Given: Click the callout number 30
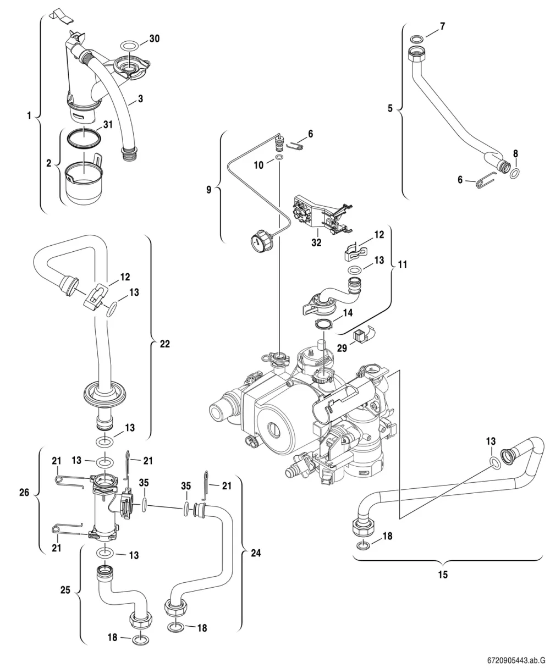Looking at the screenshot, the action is click(x=155, y=38).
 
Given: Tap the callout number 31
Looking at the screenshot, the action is click(x=108, y=124).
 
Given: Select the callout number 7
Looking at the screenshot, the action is click(x=442, y=26).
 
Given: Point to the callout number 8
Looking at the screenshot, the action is click(x=515, y=153).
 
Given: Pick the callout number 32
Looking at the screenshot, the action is click(x=316, y=242).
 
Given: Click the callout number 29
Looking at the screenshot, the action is click(x=342, y=348).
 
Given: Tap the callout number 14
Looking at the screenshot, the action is click(x=348, y=313).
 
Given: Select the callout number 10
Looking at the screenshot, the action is click(x=258, y=165).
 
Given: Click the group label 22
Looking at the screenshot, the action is click(x=165, y=344).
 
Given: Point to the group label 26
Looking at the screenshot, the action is click(x=24, y=493).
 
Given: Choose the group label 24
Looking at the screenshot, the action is click(x=256, y=553).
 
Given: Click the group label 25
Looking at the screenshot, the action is click(x=65, y=590).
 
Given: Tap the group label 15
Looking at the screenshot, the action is click(x=443, y=575).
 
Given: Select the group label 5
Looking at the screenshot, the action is click(x=390, y=108).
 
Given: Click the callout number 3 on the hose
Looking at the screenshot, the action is click(x=140, y=98).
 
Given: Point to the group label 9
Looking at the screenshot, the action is click(x=208, y=190).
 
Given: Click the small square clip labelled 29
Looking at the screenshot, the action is click(x=359, y=336).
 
